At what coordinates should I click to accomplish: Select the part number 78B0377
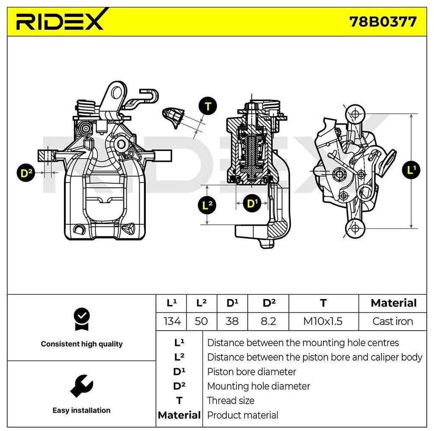pyautogui.click(x=383, y=21)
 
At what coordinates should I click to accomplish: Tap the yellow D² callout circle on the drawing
pyautogui.click(x=27, y=173)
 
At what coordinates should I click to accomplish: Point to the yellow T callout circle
pyautogui.click(x=208, y=106)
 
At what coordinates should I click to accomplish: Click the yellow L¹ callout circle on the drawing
pyautogui.click(x=411, y=171)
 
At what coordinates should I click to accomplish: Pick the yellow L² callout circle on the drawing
pyautogui.click(x=207, y=206)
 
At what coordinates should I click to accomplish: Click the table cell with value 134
pyautogui.click(x=172, y=321)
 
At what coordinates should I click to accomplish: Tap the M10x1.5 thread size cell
pyautogui.click(x=323, y=321)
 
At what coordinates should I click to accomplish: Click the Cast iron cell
pyautogui.click(x=392, y=321)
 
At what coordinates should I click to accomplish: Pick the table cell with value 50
pyautogui.click(x=201, y=321)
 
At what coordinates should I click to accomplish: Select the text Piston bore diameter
pyautogui.click(x=251, y=372)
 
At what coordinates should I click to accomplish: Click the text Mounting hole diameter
pyautogui.click(x=258, y=386)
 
